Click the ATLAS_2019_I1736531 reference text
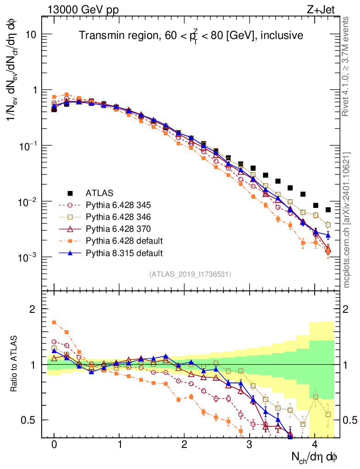(190, 274)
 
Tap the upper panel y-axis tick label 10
(31, 35)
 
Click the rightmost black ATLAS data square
(328, 210)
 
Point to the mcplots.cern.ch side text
(347, 220)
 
